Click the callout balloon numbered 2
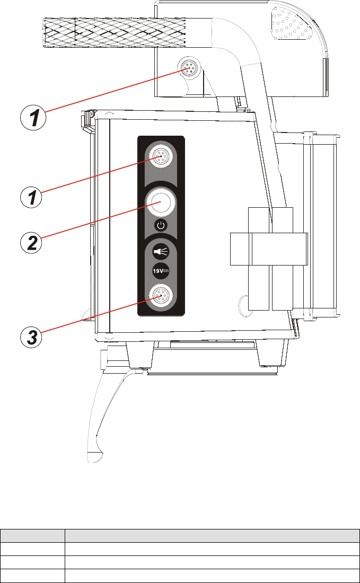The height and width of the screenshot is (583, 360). [x=32, y=242]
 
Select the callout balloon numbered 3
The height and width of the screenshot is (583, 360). [x=32, y=337]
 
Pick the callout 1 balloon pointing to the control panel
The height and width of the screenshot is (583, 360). [x=32, y=197]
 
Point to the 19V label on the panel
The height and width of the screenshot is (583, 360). [x=160, y=271]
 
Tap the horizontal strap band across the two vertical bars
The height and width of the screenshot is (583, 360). [x=269, y=249]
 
